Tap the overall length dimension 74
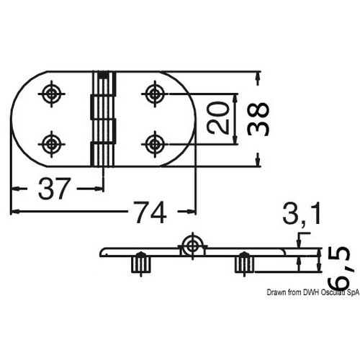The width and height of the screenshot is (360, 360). tap(150, 212)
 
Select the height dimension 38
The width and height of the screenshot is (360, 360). tap(258, 119)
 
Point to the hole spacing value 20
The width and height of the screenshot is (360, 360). tap(217, 117)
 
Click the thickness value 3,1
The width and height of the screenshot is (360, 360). tap(302, 213)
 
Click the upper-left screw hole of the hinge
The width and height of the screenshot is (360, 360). tap(52, 94)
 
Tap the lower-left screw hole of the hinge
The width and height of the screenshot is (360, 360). tap(52, 144)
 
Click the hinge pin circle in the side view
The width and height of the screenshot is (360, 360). tap(192, 246)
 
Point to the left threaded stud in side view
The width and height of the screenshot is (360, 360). tap(141, 264)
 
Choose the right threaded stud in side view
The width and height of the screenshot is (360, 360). tap(244, 264)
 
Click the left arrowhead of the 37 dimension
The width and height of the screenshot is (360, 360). tap(16, 189)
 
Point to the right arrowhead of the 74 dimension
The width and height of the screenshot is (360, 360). tap(192, 212)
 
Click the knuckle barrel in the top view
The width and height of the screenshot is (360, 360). tap(103, 119)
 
